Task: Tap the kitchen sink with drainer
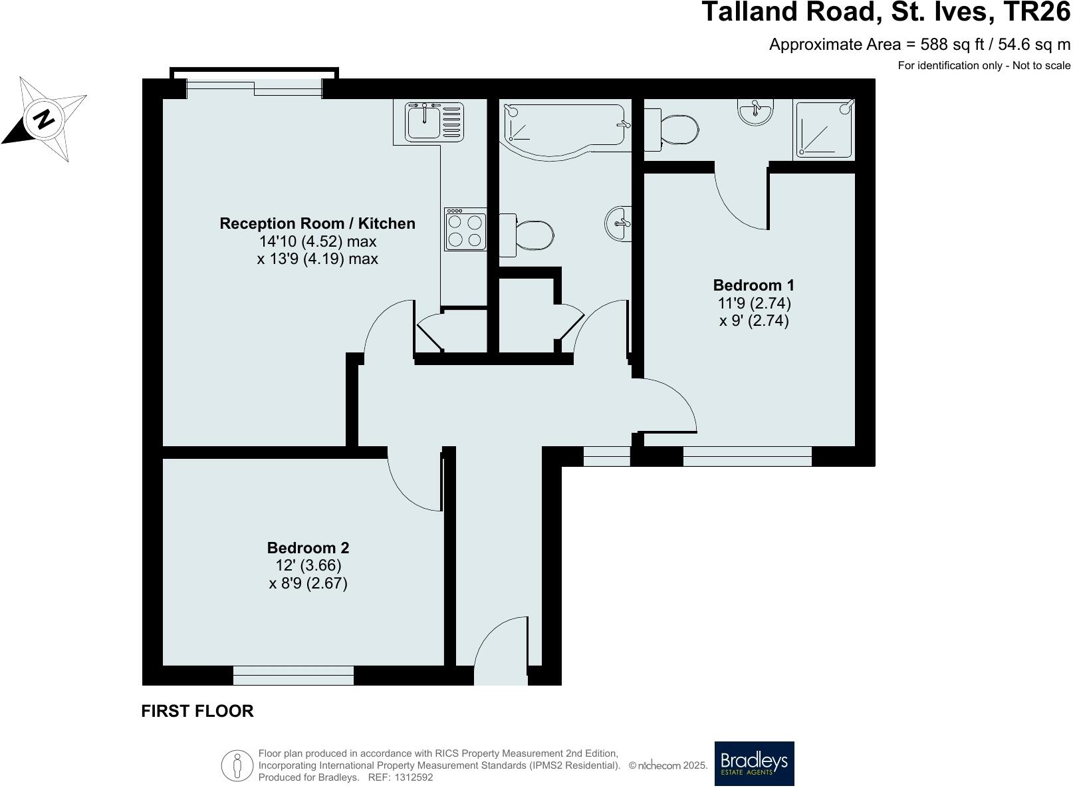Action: (435, 121)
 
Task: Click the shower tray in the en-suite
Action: (824, 129)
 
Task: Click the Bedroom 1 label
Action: (753, 285)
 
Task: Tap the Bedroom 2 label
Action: (308, 548)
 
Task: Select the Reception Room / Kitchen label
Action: (317, 223)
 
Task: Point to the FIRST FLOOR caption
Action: (197, 711)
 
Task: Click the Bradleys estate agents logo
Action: (754, 763)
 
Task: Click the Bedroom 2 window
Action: (293, 675)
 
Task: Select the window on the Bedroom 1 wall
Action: (747, 456)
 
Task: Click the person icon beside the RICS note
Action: (237, 765)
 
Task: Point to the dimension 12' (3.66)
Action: (308, 566)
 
